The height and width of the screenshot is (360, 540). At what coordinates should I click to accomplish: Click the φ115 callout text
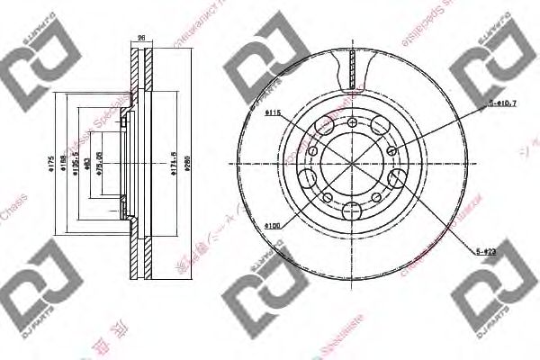(274, 112)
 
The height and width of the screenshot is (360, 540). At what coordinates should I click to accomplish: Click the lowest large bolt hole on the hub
(350, 211)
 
